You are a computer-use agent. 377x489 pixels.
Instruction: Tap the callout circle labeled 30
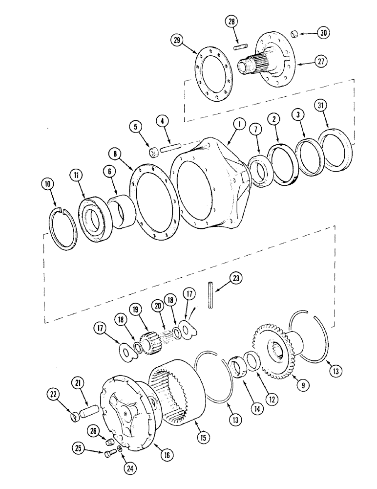pos(323,33)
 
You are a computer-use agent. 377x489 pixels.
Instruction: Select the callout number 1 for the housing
pos(239,125)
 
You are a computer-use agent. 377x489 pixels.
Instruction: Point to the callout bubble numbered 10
pos(47,184)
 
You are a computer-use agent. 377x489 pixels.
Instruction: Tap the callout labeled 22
pos(54,393)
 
